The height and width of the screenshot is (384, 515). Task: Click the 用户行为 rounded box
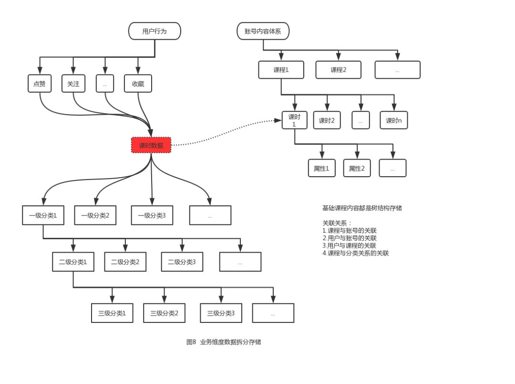(x=154, y=32)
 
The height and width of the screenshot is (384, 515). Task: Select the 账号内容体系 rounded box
(x=263, y=32)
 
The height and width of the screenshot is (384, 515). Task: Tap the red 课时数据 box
(x=151, y=145)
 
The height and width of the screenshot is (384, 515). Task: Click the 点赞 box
(x=40, y=84)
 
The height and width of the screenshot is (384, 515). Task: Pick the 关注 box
(x=73, y=84)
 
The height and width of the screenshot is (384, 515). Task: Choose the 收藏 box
(x=138, y=84)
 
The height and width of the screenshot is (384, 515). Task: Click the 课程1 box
(x=281, y=70)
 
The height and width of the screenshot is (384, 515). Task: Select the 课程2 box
(x=338, y=70)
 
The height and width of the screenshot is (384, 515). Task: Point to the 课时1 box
(x=294, y=120)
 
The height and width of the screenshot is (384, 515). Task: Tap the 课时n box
(x=393, y=120)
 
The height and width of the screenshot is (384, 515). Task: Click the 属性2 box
(x=357, y=168)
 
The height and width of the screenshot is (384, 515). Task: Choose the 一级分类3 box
(x=152, y=215)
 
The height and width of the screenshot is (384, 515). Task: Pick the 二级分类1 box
(x=73, y=262)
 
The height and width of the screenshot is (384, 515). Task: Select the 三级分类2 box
(x=164, y=313)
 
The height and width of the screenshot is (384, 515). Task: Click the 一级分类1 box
(x=43, y=215)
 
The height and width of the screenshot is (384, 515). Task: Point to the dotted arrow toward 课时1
(x=224, y=134)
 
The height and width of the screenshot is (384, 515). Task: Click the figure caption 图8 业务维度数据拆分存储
(x=224, y=342)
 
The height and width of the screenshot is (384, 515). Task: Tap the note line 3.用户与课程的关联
(x=349, y=245)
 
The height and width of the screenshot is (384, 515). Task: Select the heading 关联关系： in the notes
(x=337, y=223)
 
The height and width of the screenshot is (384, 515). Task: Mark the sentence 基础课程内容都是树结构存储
(x=362, y=208)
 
